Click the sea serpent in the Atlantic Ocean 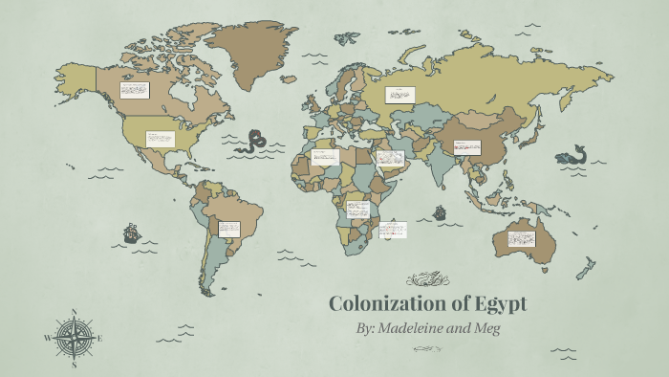pos(254,142)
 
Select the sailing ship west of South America pos(132,233)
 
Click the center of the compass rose pos(75,337)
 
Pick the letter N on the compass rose pos(75,312)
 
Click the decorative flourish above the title pos(427,279)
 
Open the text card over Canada pos(135,90)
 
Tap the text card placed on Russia pos(399,95)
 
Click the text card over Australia pos(522,238)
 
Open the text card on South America pos(228,229)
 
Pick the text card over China pos(466,147)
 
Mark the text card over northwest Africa pos(325,157)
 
